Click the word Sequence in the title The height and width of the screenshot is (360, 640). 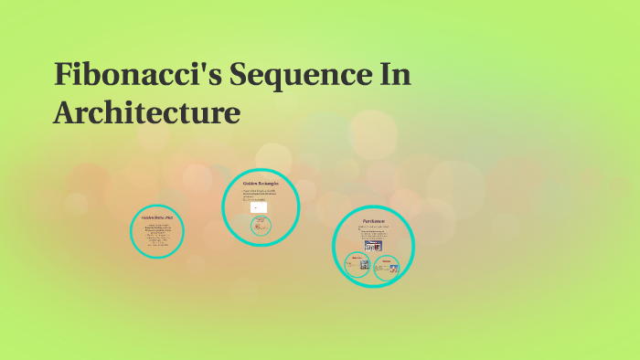293,75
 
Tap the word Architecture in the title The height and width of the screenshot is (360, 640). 147,113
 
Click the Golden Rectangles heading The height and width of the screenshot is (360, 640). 260,184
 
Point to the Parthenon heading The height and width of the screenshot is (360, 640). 373,221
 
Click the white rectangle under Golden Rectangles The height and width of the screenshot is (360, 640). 260,207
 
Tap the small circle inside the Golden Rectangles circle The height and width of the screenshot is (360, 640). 261,225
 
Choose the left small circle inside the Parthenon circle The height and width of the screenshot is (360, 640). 357,265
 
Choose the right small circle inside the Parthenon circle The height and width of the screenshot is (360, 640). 387,267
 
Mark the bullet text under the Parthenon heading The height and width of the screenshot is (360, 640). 373,232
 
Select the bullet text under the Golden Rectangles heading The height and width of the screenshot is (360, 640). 260,193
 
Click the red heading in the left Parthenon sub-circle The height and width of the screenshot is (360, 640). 355,259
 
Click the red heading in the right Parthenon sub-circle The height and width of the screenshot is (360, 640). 387,260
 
